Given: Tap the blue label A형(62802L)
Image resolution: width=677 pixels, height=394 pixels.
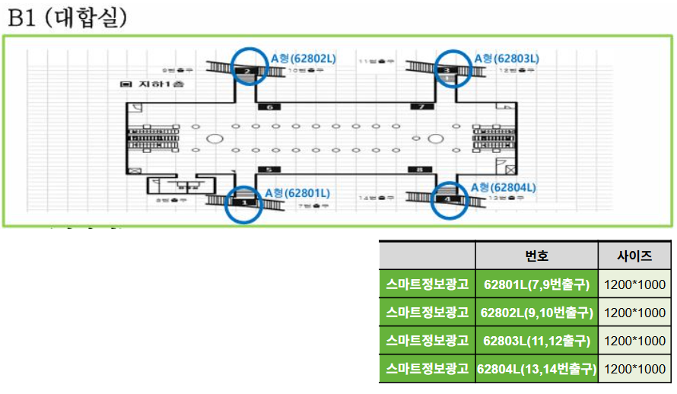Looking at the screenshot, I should coord(304,58).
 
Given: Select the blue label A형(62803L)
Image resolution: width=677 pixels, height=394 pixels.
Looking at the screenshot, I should coord(506,58).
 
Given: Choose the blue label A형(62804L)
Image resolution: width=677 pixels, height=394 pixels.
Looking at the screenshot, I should coord(504,187).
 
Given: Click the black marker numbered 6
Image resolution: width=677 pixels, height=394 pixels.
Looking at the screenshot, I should coord(269,106).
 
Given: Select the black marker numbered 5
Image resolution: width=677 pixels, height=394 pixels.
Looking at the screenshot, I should coord(269,169).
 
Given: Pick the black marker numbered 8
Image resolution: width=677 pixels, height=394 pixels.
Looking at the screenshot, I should coord(418,169).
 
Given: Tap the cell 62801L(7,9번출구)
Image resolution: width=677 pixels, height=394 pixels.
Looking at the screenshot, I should coord(536,285).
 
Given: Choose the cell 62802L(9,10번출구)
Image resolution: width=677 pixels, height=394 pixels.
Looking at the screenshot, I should coord(536,313).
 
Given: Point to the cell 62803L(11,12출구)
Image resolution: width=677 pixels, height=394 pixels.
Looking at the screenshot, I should coord(536,341).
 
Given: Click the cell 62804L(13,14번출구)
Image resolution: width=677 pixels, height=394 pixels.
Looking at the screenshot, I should coord(536,369).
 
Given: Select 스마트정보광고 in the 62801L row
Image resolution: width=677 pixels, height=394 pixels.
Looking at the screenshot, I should coord(427,285).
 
